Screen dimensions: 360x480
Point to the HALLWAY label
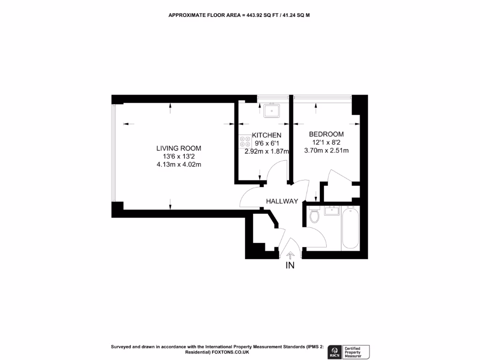click(x=282, y=201)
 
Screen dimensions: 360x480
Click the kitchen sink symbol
click(x=271, y=111)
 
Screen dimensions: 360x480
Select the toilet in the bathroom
click(x=315, y=216)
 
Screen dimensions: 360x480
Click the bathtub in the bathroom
click(x=351, y=228)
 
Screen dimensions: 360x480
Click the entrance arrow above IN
click(x=290, y=255)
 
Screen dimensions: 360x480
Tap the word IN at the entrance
click(x=290, y=266)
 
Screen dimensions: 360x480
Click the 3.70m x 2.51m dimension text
click(x=326, y=150)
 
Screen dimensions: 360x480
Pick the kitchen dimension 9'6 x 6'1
click(x=266, y=143)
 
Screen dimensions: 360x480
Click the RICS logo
click(x=335, y=352)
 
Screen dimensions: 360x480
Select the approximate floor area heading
click(x=240, y=15)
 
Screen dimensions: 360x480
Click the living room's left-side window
click(x=112, y=153)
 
